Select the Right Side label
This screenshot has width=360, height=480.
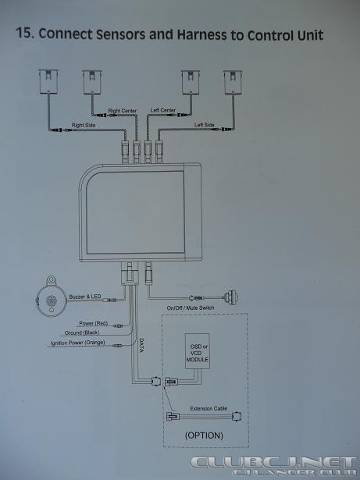(84, 125)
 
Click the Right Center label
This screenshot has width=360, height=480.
(123, 111)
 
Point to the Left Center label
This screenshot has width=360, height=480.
(163, 110)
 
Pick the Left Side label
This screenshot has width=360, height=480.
(205, 125)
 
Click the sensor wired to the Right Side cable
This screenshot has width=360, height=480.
(48, 81)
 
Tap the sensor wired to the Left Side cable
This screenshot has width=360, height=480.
(233, 82)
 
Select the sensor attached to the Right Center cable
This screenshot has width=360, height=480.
(92, 82)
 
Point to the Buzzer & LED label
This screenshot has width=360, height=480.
(85, 297)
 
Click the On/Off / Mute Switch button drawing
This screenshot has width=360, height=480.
(232, 297)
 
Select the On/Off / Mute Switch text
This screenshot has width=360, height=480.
(191, 308)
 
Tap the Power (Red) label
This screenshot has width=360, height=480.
(94, 323)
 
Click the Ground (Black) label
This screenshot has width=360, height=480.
(82, 332)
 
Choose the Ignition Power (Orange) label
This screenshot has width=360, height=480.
(77, 343)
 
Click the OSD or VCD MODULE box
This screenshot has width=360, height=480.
(198, 351)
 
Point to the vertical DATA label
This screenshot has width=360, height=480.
(141, 345)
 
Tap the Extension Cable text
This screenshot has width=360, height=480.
(209, 409)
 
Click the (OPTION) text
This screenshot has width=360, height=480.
(204, 436)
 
